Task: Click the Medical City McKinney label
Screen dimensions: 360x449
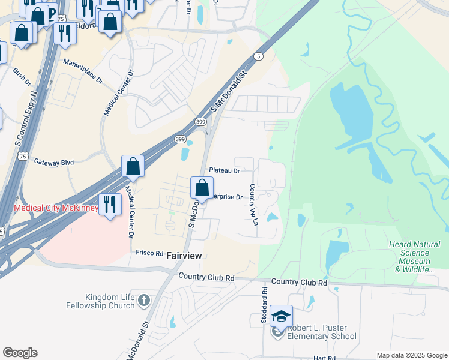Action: (x=56, y=208)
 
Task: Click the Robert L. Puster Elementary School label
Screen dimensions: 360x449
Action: (x=322, y=332)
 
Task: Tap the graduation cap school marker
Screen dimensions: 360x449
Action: (x=281, y=316)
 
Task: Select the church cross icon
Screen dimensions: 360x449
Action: (x=143, y=300)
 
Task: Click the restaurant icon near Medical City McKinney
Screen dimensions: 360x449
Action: (x=109, y=204)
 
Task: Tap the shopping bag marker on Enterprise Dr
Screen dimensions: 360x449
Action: (x=202, y=187)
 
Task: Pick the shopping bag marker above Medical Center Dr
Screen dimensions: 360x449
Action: (x=133, y=166)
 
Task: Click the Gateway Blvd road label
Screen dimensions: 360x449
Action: (x=53, y=162)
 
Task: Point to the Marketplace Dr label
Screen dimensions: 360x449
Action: (x=83, y=71)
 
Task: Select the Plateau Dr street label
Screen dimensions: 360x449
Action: (x=224, y=170)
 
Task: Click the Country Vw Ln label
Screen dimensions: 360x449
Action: (x=254, y=201)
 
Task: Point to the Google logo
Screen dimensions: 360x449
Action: (x=20, y=353)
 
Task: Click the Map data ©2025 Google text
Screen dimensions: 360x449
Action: (x=412, y=355)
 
